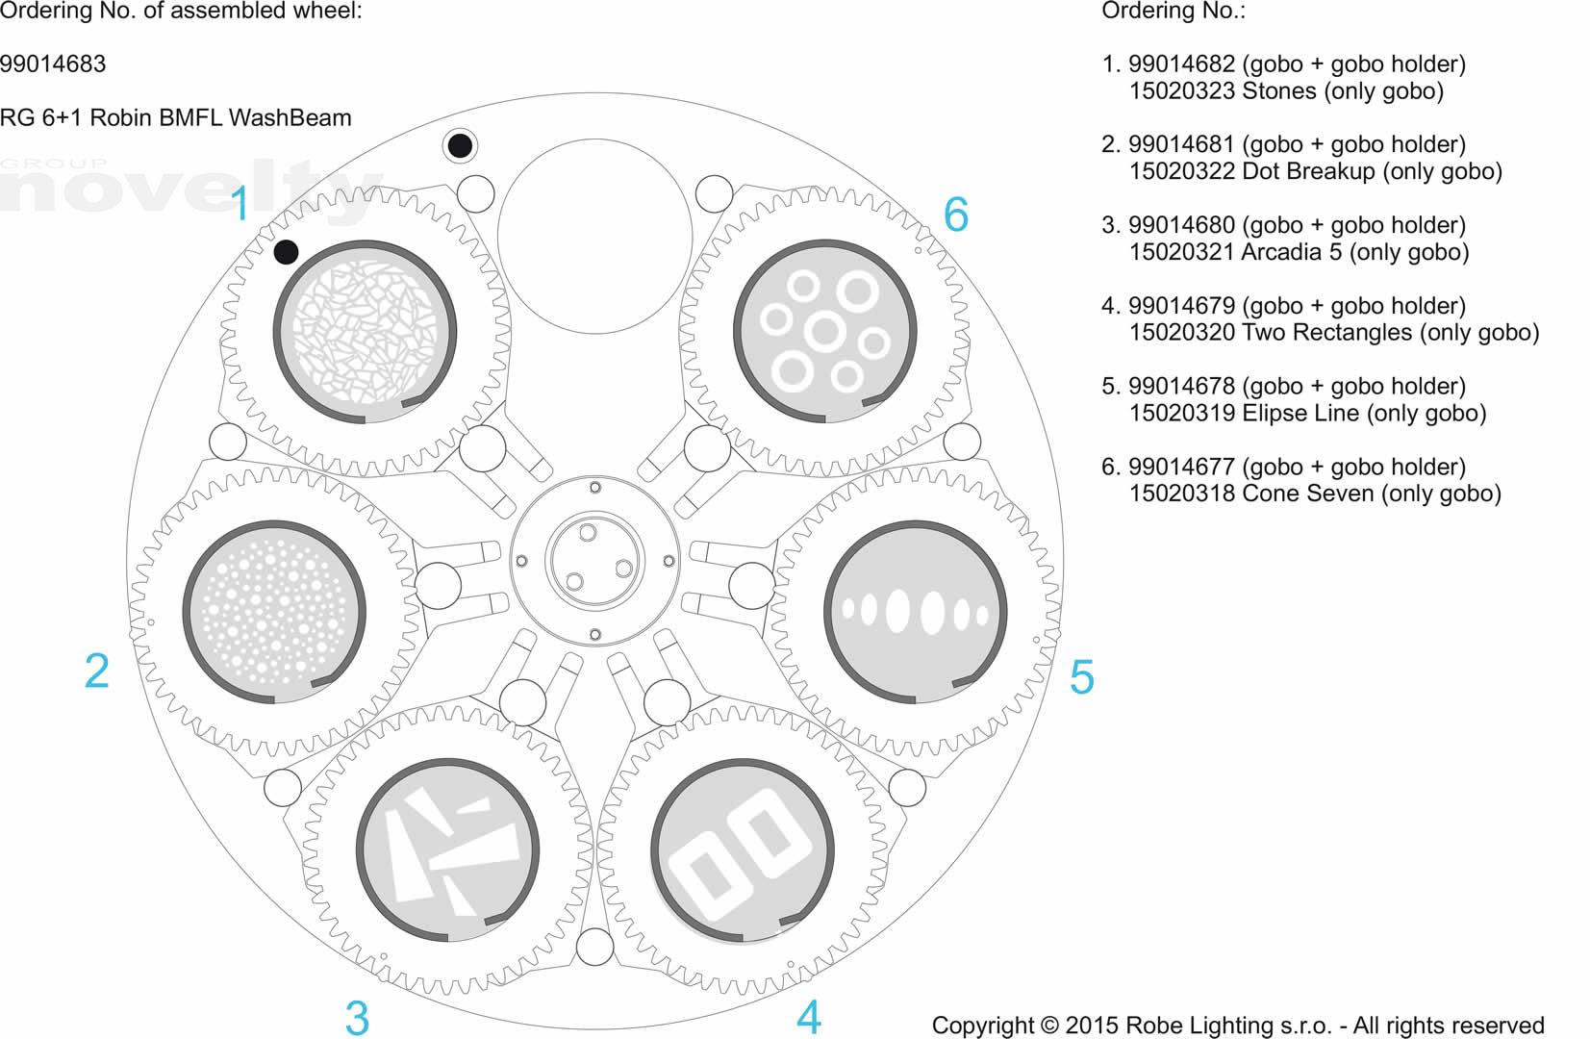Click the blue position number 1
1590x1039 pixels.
tap(240, 204)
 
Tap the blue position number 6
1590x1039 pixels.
tap(955, 214)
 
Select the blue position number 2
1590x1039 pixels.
tap(96, 671)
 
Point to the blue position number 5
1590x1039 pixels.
tap(1081, 677)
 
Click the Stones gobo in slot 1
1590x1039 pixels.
tap(365, 331)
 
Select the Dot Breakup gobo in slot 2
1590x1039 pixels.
tap(274, 612)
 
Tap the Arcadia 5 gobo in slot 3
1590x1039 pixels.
tap(448, 849)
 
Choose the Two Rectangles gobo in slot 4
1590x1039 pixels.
tap(743, 851)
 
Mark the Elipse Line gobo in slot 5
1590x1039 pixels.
tap(915, 612)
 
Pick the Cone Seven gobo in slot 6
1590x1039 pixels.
tap(824, 331)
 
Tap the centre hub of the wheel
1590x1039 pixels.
tap(593, 561)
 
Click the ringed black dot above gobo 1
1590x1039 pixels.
tap(460, 146)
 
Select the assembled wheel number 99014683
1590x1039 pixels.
tap(53, 64)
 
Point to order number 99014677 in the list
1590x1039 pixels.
tap(1181, 468)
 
